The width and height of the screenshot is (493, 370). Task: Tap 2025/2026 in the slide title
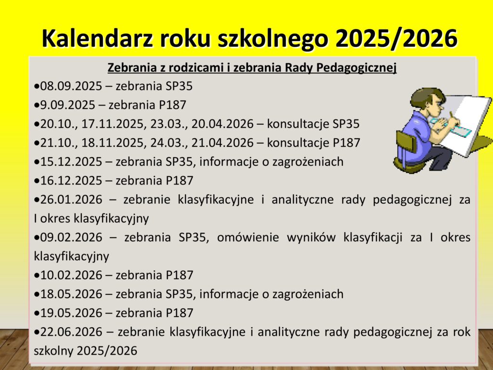(397, 39)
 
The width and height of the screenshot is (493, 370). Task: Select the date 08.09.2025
(71, 86)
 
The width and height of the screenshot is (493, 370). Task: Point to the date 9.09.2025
(67, 105)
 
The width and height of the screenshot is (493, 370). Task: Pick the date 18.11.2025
(113, 143)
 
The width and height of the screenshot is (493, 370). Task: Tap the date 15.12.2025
(71, 162)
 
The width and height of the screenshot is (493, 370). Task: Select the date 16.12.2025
(71, 181)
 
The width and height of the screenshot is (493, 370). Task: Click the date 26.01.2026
(71, 199)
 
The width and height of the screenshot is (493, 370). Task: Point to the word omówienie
(248, 237)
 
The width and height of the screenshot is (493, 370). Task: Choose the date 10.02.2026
(71, 275)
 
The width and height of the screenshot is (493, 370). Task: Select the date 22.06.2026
(71, 332)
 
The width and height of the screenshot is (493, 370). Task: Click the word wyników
(311, 237)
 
